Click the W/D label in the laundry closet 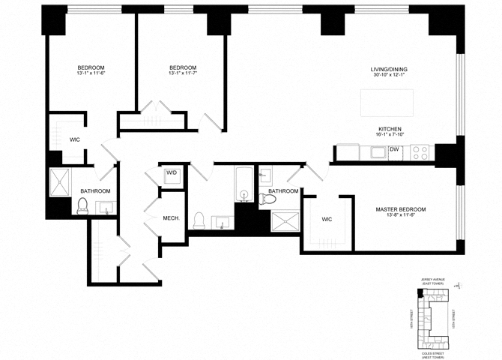pos(172,173)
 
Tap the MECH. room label pos(174,218)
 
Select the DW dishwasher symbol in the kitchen pos(394,149)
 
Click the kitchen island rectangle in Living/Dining pos(387,103)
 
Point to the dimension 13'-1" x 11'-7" pos(182,73)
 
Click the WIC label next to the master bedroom pos(326,220)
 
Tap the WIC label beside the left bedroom pos(75,139)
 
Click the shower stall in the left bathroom pos(60,181)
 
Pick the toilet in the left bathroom pos(83,207)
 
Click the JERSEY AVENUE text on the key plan pos(432,278)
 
